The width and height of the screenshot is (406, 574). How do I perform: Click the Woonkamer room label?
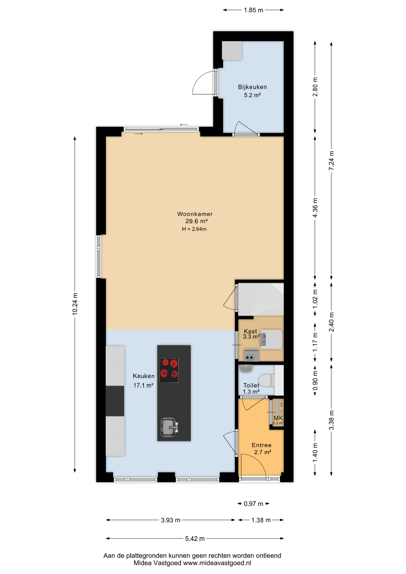click(195, 214)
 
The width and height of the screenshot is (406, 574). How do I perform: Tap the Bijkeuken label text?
click(252, 87)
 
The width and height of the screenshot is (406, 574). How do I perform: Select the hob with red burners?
click(169, 370)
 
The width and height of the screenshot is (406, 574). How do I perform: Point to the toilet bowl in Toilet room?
click(267, 381)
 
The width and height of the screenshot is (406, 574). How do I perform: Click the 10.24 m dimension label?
click(75, 303)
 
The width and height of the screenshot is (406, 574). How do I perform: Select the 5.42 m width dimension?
click(195, 538)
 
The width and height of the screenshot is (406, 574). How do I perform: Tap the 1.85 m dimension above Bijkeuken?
click(254, 10)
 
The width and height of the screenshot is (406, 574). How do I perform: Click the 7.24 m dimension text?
click(331, 161)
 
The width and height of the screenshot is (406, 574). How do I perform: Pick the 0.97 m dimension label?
click(253, 504)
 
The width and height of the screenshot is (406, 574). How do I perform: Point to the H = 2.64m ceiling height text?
click(194, 229)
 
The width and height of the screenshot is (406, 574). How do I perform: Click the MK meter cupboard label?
click(278, 418)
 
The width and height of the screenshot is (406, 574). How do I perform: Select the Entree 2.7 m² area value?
click(262, 452)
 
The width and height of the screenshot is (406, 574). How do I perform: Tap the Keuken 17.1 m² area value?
click(143, 385)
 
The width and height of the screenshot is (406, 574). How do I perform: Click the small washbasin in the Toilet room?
click(246, 369)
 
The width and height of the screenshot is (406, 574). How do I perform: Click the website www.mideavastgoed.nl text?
click(217, 563)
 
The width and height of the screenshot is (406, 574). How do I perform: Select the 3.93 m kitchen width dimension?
click(170, 520)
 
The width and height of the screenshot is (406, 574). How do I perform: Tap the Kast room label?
click(251, 331)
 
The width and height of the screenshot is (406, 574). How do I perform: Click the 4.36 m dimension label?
click(315, 208)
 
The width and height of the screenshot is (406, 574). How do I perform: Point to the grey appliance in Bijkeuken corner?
click(232, 51)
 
